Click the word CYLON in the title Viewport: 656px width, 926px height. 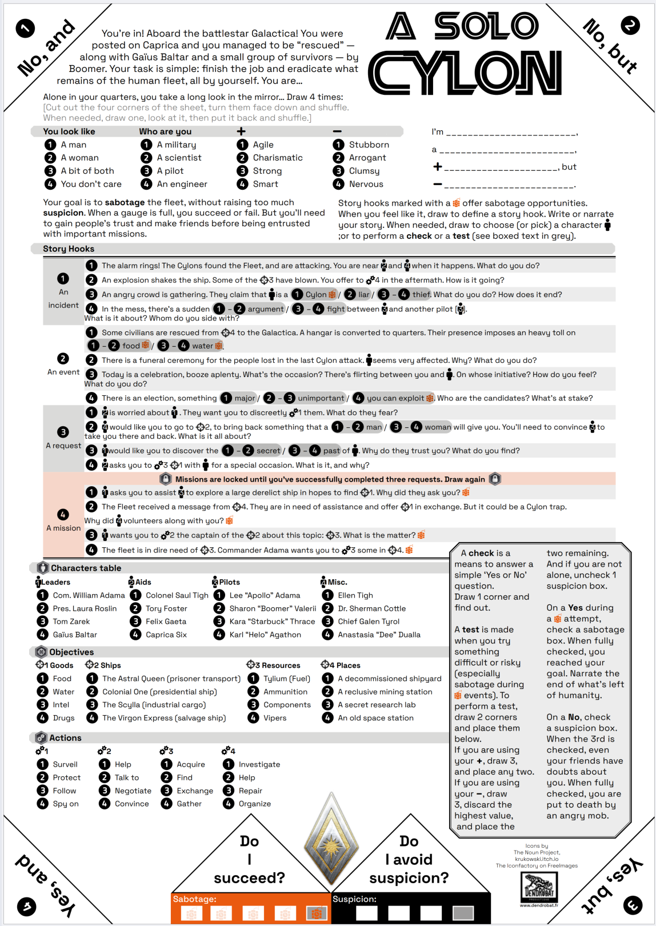tap(465, 74)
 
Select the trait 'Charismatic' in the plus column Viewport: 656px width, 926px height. tap(278, 158)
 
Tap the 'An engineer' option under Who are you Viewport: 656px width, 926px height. tap(182, 184)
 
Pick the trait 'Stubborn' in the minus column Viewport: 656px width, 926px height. tap(369, 145)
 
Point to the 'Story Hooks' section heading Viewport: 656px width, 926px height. tap(69, 248)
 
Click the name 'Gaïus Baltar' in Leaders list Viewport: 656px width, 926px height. tap(75, 635)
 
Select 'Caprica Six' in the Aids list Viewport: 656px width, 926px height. tap(166, 635)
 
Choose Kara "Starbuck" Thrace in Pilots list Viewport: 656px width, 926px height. tap(272, 622)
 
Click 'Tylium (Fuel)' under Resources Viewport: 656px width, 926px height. tap(286, 679)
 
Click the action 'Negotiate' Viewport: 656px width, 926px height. tap(133, 791)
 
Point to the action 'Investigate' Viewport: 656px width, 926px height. tap(259, 764)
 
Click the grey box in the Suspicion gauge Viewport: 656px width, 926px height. tap(463, 913)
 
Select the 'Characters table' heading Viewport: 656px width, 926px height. tap(86, 568)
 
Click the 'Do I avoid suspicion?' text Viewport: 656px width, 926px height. tap(409, 859)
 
